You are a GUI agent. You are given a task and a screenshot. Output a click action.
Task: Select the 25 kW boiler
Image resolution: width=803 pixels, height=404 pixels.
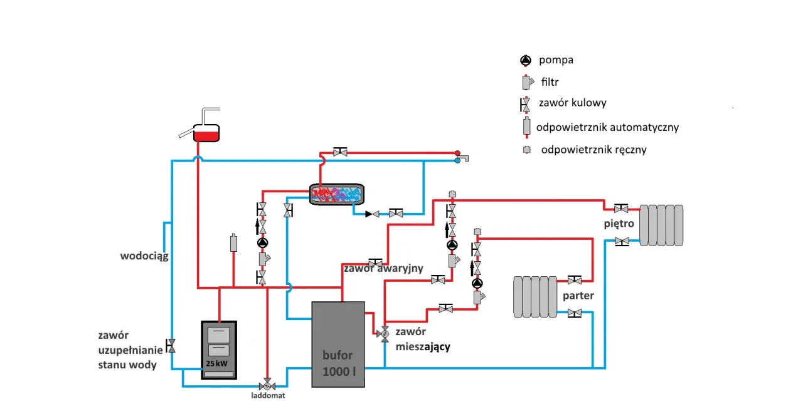click(x=219, y=350)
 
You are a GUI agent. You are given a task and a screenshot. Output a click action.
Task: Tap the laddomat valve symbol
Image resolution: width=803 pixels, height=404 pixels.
click(x=268, y=383)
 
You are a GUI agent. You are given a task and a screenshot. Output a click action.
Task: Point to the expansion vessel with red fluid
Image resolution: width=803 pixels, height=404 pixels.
click(x=206, y=132)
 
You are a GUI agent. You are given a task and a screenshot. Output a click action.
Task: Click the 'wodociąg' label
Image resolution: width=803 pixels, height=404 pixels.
click(x=144, y=256)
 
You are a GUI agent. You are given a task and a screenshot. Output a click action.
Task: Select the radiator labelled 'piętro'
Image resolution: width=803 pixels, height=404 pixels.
click(x=661, y=224)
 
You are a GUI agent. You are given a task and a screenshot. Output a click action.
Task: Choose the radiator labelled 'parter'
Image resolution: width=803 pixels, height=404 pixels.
click(x=533, y=296)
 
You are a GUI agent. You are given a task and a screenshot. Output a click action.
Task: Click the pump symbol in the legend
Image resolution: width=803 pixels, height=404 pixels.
click(x=526, y=61)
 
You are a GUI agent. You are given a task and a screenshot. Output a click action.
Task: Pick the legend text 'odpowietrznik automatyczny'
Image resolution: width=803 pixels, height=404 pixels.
click(x=607, y=127)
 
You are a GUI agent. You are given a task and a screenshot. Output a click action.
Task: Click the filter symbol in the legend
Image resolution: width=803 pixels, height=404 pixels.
click(x=526, y=82)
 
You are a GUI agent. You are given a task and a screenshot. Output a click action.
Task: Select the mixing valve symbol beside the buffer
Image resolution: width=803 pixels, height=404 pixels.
click(x=384, y=334)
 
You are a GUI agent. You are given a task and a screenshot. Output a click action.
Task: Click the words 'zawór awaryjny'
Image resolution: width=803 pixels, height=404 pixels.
click(x=383, y=269)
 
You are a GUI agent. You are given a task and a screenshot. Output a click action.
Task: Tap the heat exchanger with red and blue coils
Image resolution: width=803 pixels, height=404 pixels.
click(x=337, y=194)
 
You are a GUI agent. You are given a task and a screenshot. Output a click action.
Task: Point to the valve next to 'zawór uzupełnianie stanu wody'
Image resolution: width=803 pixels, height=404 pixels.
click(x=172, y=345)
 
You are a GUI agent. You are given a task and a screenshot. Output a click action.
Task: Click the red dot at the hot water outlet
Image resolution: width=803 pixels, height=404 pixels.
click(x=458, y=152)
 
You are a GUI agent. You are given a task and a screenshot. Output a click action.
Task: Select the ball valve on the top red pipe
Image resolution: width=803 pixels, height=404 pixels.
click(x=341, y=152)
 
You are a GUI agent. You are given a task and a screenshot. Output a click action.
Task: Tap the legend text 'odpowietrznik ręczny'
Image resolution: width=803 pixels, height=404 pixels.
click(x=593, y=150)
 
